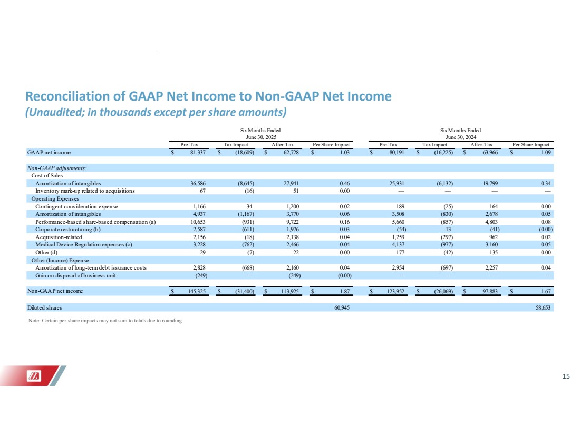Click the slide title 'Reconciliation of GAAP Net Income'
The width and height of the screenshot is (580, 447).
point(208,96)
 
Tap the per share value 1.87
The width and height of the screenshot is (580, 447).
point(345,291)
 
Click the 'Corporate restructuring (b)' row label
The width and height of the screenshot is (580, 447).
point(67,230)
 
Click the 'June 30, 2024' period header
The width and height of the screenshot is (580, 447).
point(461,137)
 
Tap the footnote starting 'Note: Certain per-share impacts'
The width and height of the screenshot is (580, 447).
point(105,321)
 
